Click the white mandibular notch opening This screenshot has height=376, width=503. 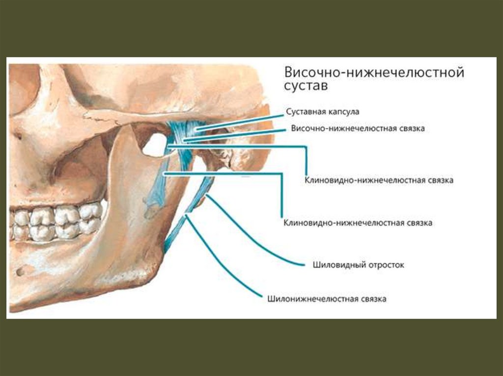pos(156,145)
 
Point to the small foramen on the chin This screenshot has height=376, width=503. pos(19,270)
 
